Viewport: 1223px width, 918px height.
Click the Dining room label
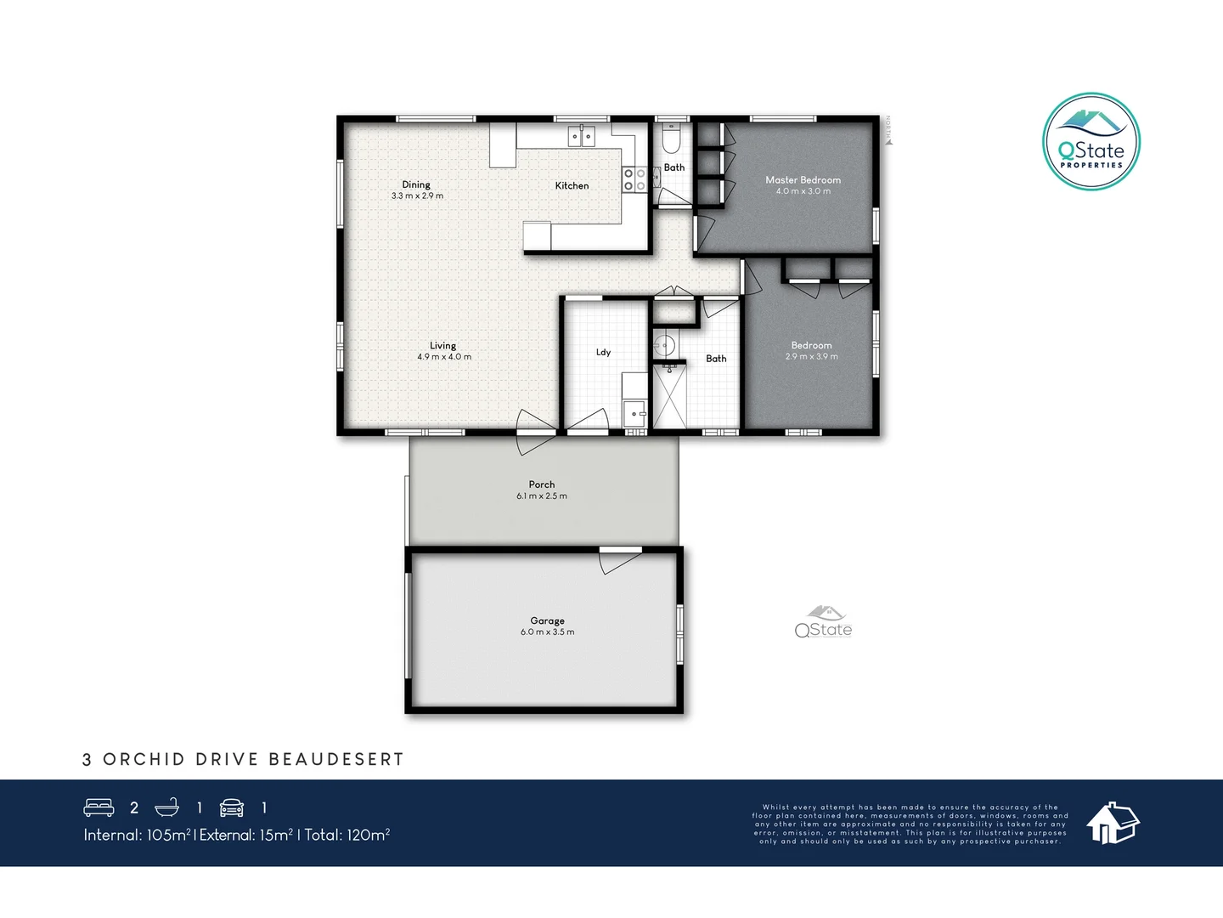pyautogui.click(x=416, y=184)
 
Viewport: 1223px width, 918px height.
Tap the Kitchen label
pyautogui.click(x=572, y=185)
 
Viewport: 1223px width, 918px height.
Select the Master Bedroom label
pyautogui.click(x=803, y=179)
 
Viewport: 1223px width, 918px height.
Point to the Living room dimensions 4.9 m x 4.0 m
pyautogui.click(x=443, y=357)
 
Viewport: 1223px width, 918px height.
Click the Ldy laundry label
pyautogui.click(x=603, y=352)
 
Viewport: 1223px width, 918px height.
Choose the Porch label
pyautogui.click(x=542, y=484)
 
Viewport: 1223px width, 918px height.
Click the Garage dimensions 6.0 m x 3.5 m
pyautogui.click(x=547, y=632)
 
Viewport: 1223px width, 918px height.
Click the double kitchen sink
pyautogui.click(x=582, y=136)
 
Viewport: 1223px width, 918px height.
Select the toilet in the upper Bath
pyautogui.click(x=671, y=137)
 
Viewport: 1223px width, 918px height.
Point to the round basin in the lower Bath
pyautogui.click(x=665, y=345)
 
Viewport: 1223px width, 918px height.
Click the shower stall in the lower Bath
pyautogui.click(x=669, y=396)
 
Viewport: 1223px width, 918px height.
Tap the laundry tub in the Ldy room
pyautogui.click(x=634, y=414)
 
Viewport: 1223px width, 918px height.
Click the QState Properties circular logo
pyautogui.click(x=1091, y=142)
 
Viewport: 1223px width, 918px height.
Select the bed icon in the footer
pyautogui.click(x=99, y=807)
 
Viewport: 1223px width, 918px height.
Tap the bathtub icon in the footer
pyautogui.click(x=166, y=807)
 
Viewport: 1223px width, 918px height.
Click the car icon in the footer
pyautogui.click(x=232, y=807)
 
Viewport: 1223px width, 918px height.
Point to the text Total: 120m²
pyautogui.click(x=347, y=835)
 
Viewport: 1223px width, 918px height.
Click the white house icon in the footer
pyautogui.click(x=1113, y=823)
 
